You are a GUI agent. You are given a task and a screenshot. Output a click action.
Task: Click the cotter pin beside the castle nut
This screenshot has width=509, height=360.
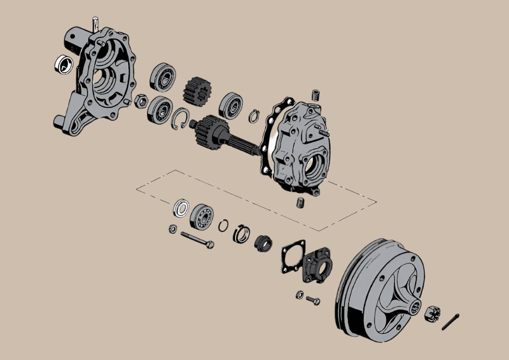[450, 322]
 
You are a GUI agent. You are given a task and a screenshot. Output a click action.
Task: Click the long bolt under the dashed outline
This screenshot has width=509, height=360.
[196, 240]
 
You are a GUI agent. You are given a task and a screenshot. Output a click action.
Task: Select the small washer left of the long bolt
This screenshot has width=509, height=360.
[173, 229]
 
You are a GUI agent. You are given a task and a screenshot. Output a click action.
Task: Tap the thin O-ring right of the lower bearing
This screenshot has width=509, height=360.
[223, 225]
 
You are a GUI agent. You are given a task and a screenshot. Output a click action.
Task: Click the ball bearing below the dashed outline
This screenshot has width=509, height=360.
[202, 216]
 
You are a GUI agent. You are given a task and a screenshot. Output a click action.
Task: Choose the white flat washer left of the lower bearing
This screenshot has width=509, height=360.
[181, 208]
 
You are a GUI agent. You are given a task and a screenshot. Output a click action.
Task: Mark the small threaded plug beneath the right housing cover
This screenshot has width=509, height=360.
[300, 202]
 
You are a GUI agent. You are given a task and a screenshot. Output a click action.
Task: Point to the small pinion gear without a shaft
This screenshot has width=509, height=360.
[197, 91]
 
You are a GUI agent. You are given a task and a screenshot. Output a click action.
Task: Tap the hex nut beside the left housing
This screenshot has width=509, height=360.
[143, 99]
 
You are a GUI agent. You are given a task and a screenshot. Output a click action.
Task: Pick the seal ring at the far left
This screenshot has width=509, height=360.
[63, 64]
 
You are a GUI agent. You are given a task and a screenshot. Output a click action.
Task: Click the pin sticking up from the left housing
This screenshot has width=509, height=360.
[95, 23]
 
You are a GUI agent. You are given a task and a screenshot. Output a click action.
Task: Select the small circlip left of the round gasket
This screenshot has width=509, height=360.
[254, 116]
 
